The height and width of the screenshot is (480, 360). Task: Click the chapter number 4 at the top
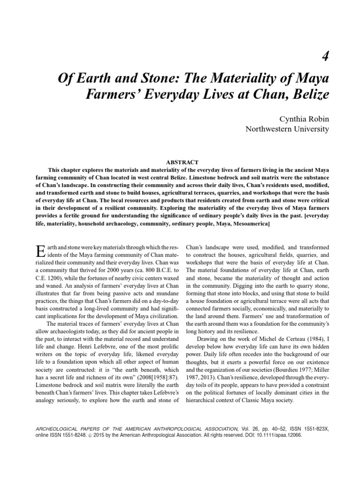click(x=325, y=57)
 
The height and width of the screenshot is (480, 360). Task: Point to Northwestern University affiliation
click(x=288, y=129)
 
